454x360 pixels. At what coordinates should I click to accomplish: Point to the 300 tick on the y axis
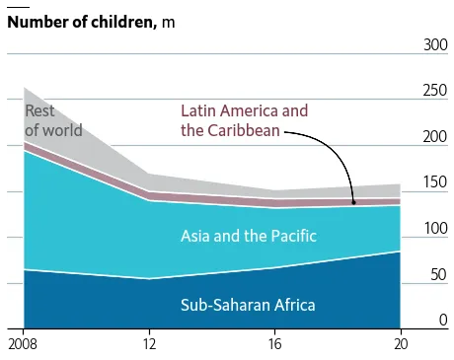coord(435,44)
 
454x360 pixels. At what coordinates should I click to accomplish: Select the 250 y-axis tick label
coord(435,91)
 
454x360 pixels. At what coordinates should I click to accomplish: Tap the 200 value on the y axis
coord(435,136)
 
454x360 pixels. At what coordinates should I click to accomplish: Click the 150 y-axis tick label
coord(436,182)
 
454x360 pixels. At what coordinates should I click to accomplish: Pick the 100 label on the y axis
coord(436,228)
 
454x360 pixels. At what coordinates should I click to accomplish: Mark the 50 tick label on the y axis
coord(439,274)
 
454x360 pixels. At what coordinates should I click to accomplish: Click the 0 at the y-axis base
coord(443,320)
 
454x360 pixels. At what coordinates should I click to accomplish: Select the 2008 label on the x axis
coord(23,344)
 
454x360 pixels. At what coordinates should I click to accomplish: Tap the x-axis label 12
coord(149,344)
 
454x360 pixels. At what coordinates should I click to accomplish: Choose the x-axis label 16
coord(275,344)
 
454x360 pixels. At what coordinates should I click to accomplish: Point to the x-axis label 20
coord(401,344)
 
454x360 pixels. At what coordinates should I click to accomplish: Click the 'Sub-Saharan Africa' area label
coord(248,305)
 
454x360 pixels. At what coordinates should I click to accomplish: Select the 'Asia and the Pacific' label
coord(249,236)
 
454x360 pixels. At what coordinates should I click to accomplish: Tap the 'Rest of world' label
coord(53,120)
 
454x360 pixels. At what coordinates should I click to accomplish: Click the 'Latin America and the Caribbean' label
coord(245,120)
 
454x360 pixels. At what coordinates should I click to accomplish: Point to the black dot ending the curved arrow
coord(354,202)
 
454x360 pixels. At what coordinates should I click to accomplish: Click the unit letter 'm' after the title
coord(168,23)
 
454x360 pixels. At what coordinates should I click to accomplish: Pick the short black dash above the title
coord(18,7)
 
